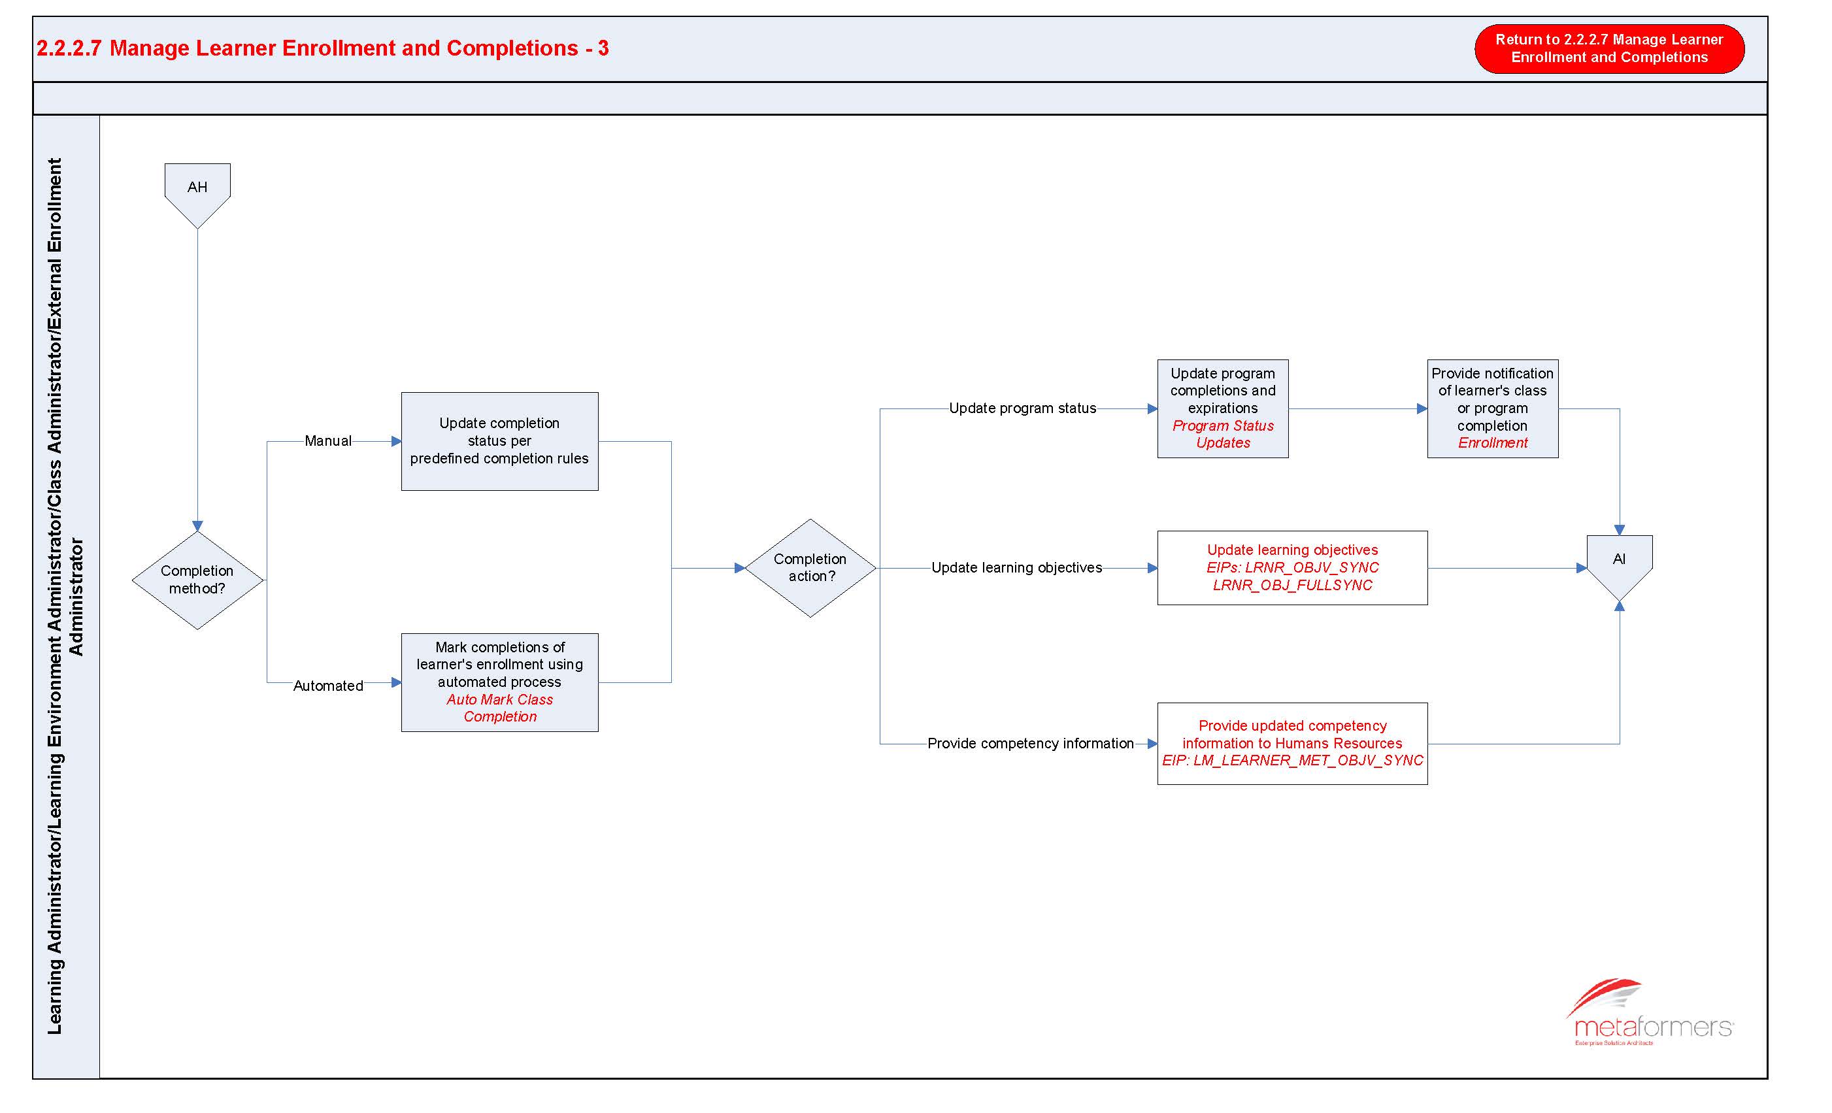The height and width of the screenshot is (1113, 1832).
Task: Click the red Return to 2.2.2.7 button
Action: click(1609, 48)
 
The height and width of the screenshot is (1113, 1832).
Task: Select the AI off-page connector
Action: click(1620, 567)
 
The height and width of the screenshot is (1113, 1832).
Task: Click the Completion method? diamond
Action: click(197, 580)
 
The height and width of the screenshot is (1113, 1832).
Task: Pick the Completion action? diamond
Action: click(810, 568)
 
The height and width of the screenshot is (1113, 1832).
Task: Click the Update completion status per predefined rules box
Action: click(499, 441)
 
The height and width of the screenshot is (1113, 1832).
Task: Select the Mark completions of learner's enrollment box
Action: click(499, 682)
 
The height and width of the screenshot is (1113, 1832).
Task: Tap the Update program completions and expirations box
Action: click(1222, 408)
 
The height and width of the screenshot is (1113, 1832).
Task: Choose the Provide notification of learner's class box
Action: click(1492, 408)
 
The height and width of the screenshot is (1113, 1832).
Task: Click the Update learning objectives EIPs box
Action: click(1292, 567)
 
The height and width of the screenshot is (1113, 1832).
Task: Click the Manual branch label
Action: click(328, 441)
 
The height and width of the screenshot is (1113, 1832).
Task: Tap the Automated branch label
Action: click(328, 686)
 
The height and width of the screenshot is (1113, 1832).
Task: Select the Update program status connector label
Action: click(1022, 408)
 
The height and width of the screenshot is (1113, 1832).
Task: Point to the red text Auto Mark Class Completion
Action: click(499, 708)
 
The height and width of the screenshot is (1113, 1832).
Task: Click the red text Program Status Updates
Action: click(1223, 434)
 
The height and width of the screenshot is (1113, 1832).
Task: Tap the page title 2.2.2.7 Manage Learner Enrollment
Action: click(323, 48)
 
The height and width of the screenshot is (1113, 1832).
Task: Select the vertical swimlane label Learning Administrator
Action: click(65, 596)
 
